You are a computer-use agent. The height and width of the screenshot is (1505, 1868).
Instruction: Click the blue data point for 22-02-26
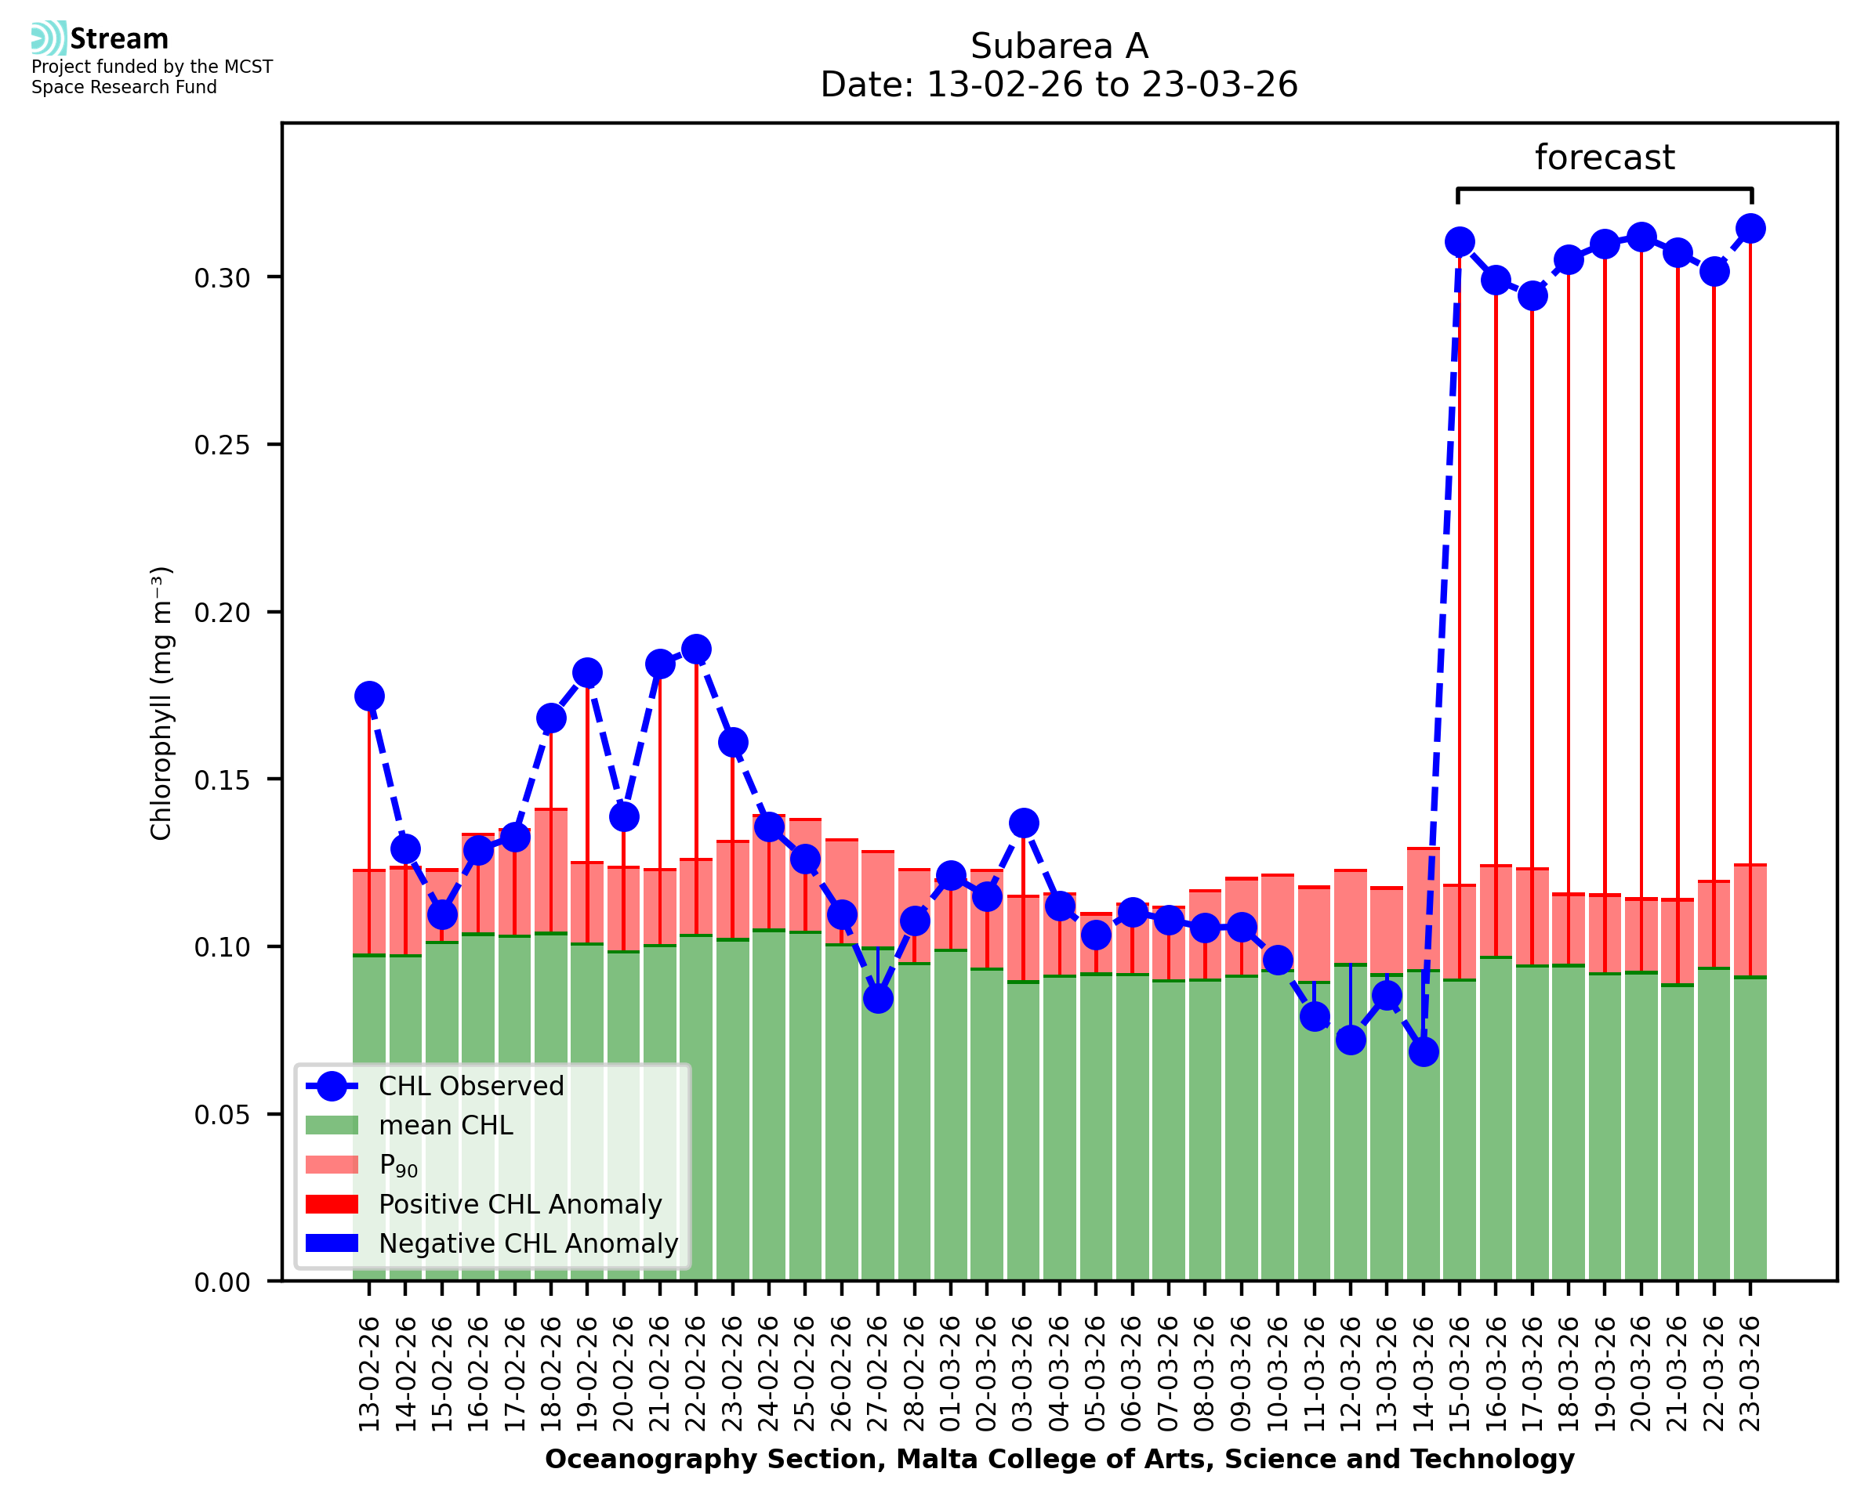[x=695, y=649]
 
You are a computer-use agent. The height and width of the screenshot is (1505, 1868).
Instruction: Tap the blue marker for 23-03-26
[x=1750, y=229]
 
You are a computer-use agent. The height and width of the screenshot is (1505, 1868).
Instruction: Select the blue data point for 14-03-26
[x=1423, y=1051]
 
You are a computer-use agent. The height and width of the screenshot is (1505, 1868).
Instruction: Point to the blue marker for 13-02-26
[x=369, y=696]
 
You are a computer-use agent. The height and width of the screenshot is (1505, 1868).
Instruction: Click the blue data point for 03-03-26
[x=1023, y=823]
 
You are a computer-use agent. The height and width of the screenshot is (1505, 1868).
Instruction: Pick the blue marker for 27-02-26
[x=878, y=999]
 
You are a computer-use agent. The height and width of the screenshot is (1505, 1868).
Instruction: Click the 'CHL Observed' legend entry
[x=471, y=1087]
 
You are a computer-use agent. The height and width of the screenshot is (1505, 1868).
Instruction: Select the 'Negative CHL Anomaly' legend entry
[x=528, y=1243]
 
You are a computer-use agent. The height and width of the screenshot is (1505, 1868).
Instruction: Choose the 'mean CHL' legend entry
[x=446, y=1125]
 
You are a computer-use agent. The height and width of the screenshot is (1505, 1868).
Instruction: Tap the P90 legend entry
[x=398, y=1165]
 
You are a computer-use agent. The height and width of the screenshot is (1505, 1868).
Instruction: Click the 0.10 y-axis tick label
[x=222, y=946]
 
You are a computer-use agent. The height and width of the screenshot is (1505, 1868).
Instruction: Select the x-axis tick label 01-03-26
[x=951, y=1373]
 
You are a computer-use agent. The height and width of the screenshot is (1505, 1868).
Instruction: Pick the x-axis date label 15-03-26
[x=1460, y=1373]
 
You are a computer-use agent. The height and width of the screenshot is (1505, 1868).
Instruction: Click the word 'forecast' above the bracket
[x=1605, y=157]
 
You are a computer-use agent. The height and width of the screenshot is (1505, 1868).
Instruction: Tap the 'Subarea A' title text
[x=1059, y=46]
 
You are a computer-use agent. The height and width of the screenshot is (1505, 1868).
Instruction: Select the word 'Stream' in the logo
[x=120, y=39]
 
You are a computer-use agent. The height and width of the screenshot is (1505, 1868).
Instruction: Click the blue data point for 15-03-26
[x=1460, y=242]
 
